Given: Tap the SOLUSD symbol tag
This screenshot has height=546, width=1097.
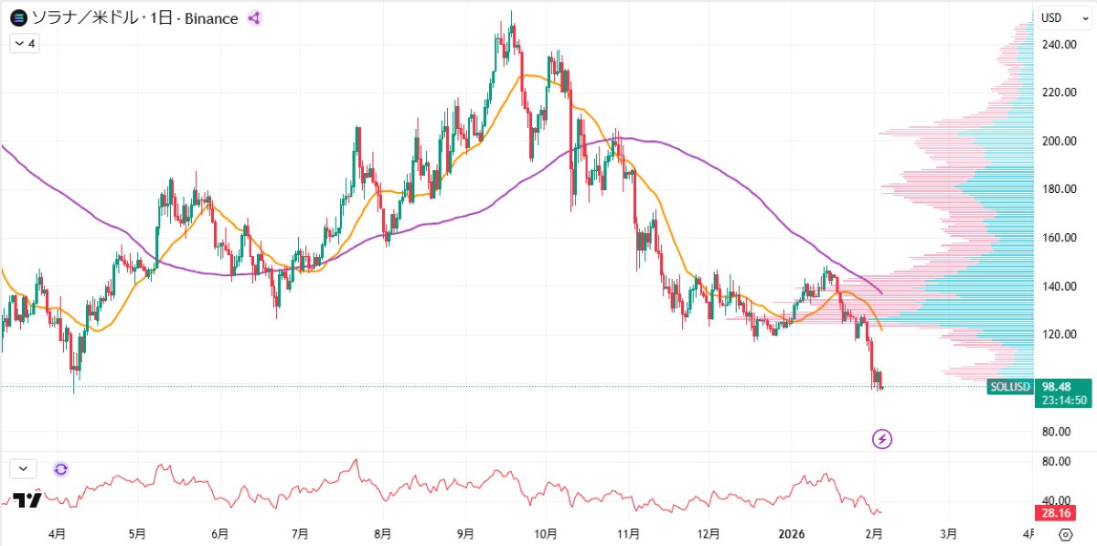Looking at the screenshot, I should tap(1009, 387).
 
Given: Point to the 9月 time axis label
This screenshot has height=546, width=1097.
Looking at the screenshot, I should tap(465, 533).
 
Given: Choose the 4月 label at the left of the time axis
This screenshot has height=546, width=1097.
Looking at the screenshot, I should tap(57, 533).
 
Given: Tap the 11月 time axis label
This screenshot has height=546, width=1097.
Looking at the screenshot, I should tap(627, 533).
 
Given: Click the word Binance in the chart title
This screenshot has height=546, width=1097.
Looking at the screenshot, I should tap(211, 18).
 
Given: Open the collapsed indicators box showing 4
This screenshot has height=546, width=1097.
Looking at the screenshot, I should tap(26, 43).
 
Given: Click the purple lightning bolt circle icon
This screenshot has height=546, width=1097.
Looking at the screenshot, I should tap(882, 440).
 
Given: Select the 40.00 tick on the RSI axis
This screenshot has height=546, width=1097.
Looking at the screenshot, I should tap(1056, 499).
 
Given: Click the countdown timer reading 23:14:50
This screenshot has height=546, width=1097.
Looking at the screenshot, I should tap(1062, 400).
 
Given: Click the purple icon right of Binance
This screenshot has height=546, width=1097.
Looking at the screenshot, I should tap(255, 18).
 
